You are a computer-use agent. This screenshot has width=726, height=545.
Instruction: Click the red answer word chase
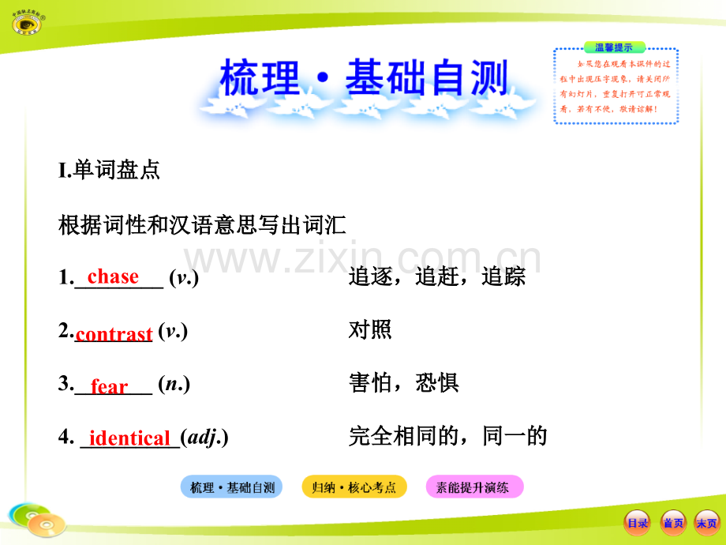[x=113, y=276]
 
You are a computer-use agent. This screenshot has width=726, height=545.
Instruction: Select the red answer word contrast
[x=114, y=334]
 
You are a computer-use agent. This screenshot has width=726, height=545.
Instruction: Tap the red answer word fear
[x=109, y=387]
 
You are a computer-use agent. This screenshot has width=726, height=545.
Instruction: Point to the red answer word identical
[x=129, y=438]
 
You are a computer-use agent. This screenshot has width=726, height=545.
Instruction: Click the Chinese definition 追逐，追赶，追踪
[x=436, y=278]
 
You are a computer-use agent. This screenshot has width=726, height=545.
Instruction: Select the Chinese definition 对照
[x=370, y=330]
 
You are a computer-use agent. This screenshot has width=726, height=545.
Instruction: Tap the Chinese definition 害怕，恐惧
[x=403, y=384]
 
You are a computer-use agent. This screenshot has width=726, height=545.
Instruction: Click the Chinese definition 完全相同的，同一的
[x=447, y=435]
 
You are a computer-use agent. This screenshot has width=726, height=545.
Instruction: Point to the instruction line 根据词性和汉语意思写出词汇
[x=203, y=225]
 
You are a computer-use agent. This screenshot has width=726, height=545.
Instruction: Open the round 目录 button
[x=637, y=523]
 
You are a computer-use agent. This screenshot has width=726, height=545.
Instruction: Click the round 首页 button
[x=672, y=523]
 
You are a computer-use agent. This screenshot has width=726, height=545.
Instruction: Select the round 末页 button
[x=706, y=523]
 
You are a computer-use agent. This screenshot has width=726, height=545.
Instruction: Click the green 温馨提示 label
[x=614, y=47]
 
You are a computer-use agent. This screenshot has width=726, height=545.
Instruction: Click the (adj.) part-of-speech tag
[x=204, y=437]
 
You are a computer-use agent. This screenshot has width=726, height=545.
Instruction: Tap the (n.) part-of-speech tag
[x=174, y=385]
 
